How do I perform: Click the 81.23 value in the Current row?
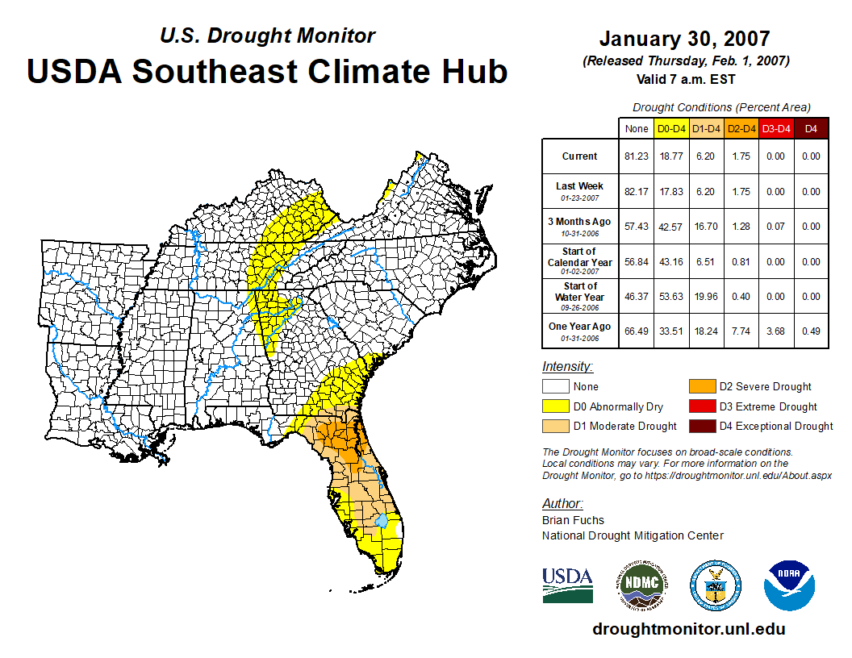coord(636,156)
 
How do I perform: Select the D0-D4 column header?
coord(671,128)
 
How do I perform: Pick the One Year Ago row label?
coord(579,331)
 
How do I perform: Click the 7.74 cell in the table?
coord(740,331)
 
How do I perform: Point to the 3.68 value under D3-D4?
coord(775,331)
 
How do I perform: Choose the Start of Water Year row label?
coord(579,296)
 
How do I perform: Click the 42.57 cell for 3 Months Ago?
coord(671,227)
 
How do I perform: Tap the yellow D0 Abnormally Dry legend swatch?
coord(555,406)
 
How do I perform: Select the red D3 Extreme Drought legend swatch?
coord(701,406)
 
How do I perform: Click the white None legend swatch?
coord(555,387)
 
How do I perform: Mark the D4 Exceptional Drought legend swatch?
coord(701,426)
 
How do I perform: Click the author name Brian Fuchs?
coord(573,520)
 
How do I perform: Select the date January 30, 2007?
coord(684,39)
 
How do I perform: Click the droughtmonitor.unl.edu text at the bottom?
coord(688,629)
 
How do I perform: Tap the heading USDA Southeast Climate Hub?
coord(267,71)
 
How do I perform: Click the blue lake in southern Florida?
coord(383,523)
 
